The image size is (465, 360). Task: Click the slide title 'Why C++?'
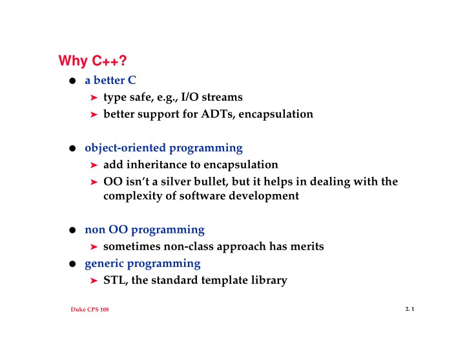tap(92, 61)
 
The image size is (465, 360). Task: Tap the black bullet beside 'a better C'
tap(72, 81)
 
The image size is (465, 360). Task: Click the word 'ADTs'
tap(218, 114)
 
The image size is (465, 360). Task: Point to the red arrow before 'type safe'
tap(94, 98)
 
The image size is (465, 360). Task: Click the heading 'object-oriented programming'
tap(163, 148)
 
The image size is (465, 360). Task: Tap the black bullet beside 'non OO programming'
tap(72, 230)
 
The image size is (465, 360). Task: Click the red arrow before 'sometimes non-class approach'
tap(94, 247)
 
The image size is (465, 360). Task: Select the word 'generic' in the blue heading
tap(104, 264)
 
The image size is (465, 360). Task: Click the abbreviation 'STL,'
tap(116, 280)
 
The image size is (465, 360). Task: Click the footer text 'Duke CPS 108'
tap(90, 309)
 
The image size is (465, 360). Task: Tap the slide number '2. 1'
tap(410, 309)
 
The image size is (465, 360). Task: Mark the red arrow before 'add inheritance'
tap(94, 165)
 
